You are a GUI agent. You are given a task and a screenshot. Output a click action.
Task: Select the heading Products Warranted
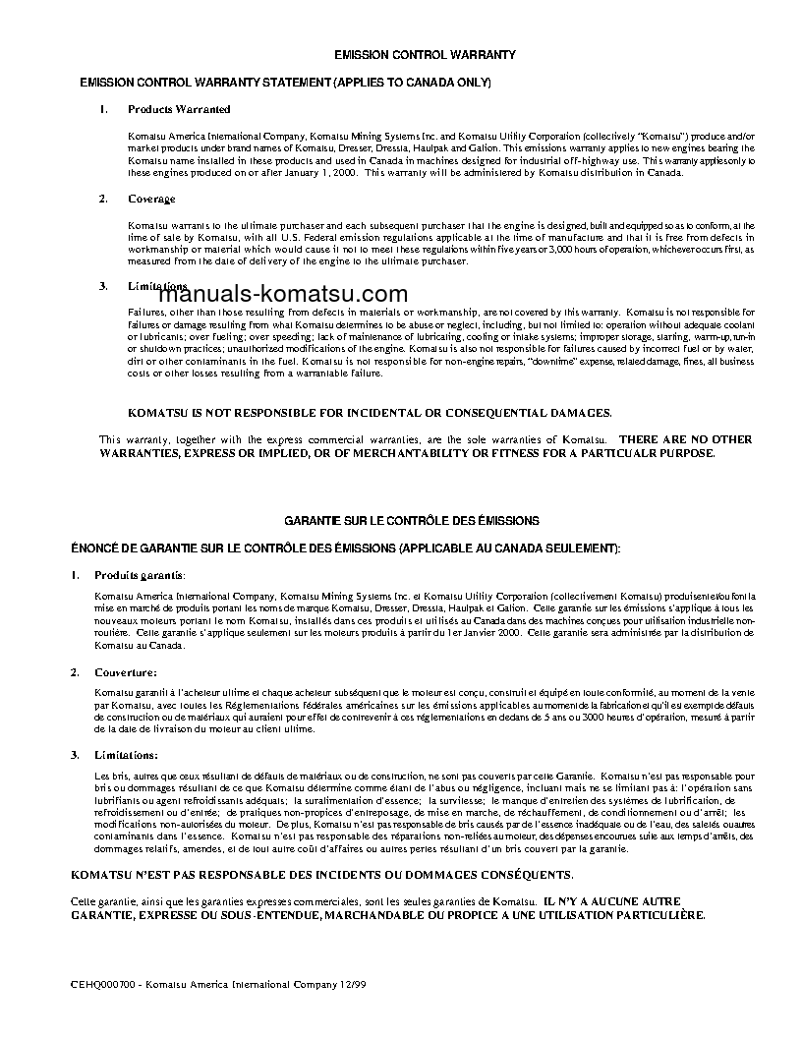pyautogui.click(x=179, y=109)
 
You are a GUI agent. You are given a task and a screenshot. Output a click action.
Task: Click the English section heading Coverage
pyautogui.click(x=151, y=199)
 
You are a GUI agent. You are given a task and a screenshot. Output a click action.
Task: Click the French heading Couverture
pyautogui.click(x=125, y=672)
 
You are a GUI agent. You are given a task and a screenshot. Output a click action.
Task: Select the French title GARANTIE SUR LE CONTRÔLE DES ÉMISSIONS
pyautogui.click(x=412, y=521)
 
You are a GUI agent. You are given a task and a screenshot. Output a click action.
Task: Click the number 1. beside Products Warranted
pyautogui.click(x=103, y=109)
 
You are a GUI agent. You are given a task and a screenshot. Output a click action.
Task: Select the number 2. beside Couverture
pyautogui.click(x=75, y=672)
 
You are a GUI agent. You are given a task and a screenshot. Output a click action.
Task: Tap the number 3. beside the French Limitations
pyautogui.click(x=75, y=755)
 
